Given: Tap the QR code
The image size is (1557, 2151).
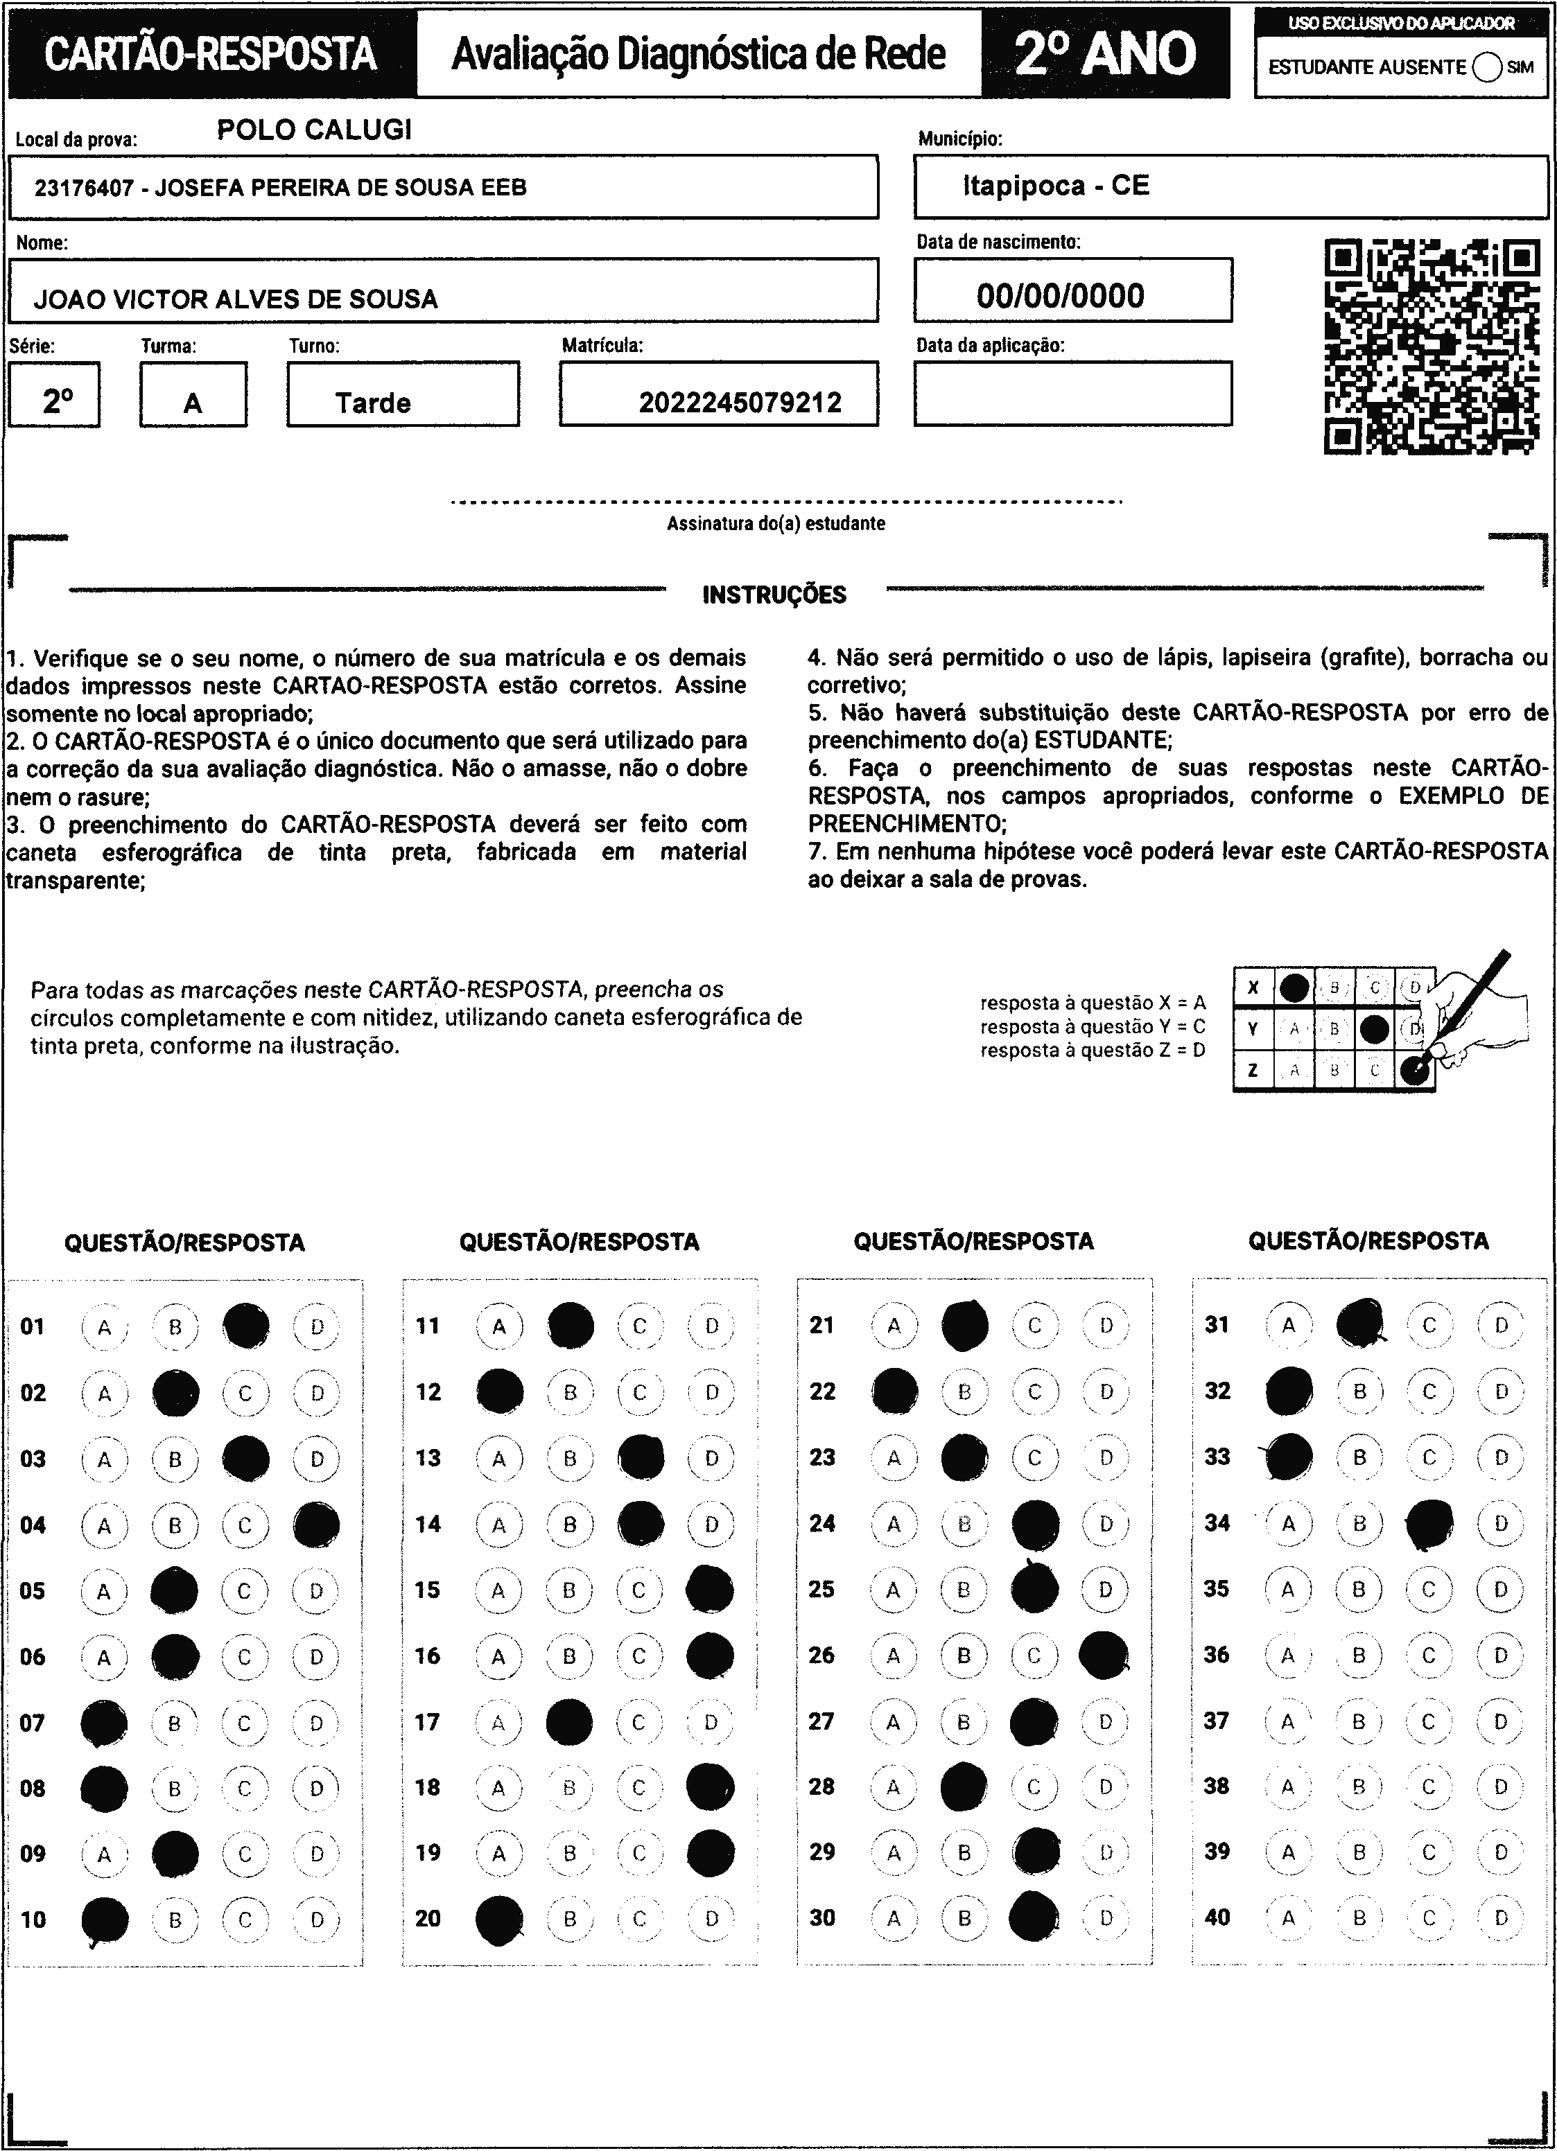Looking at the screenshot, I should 1431,346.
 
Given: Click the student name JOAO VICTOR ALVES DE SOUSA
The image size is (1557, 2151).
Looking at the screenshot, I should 236,299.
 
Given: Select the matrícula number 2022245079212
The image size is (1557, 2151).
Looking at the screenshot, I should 740,403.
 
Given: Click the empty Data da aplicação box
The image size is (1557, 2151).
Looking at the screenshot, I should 1072,394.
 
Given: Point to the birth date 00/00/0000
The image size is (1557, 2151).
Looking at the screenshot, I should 1060,296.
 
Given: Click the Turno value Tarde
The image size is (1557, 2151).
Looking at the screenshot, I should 373,403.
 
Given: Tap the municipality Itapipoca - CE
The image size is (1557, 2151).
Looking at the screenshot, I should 1056,186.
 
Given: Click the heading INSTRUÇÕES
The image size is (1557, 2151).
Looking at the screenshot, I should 774,595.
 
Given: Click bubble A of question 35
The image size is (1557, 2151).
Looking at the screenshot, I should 1287,1590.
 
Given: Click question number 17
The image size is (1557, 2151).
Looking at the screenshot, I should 428,1721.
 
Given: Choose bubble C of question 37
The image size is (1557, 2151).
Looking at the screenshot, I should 1429,1721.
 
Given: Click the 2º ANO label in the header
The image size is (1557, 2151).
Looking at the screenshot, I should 1106,54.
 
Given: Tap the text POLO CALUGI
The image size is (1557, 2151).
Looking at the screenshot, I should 314,130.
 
